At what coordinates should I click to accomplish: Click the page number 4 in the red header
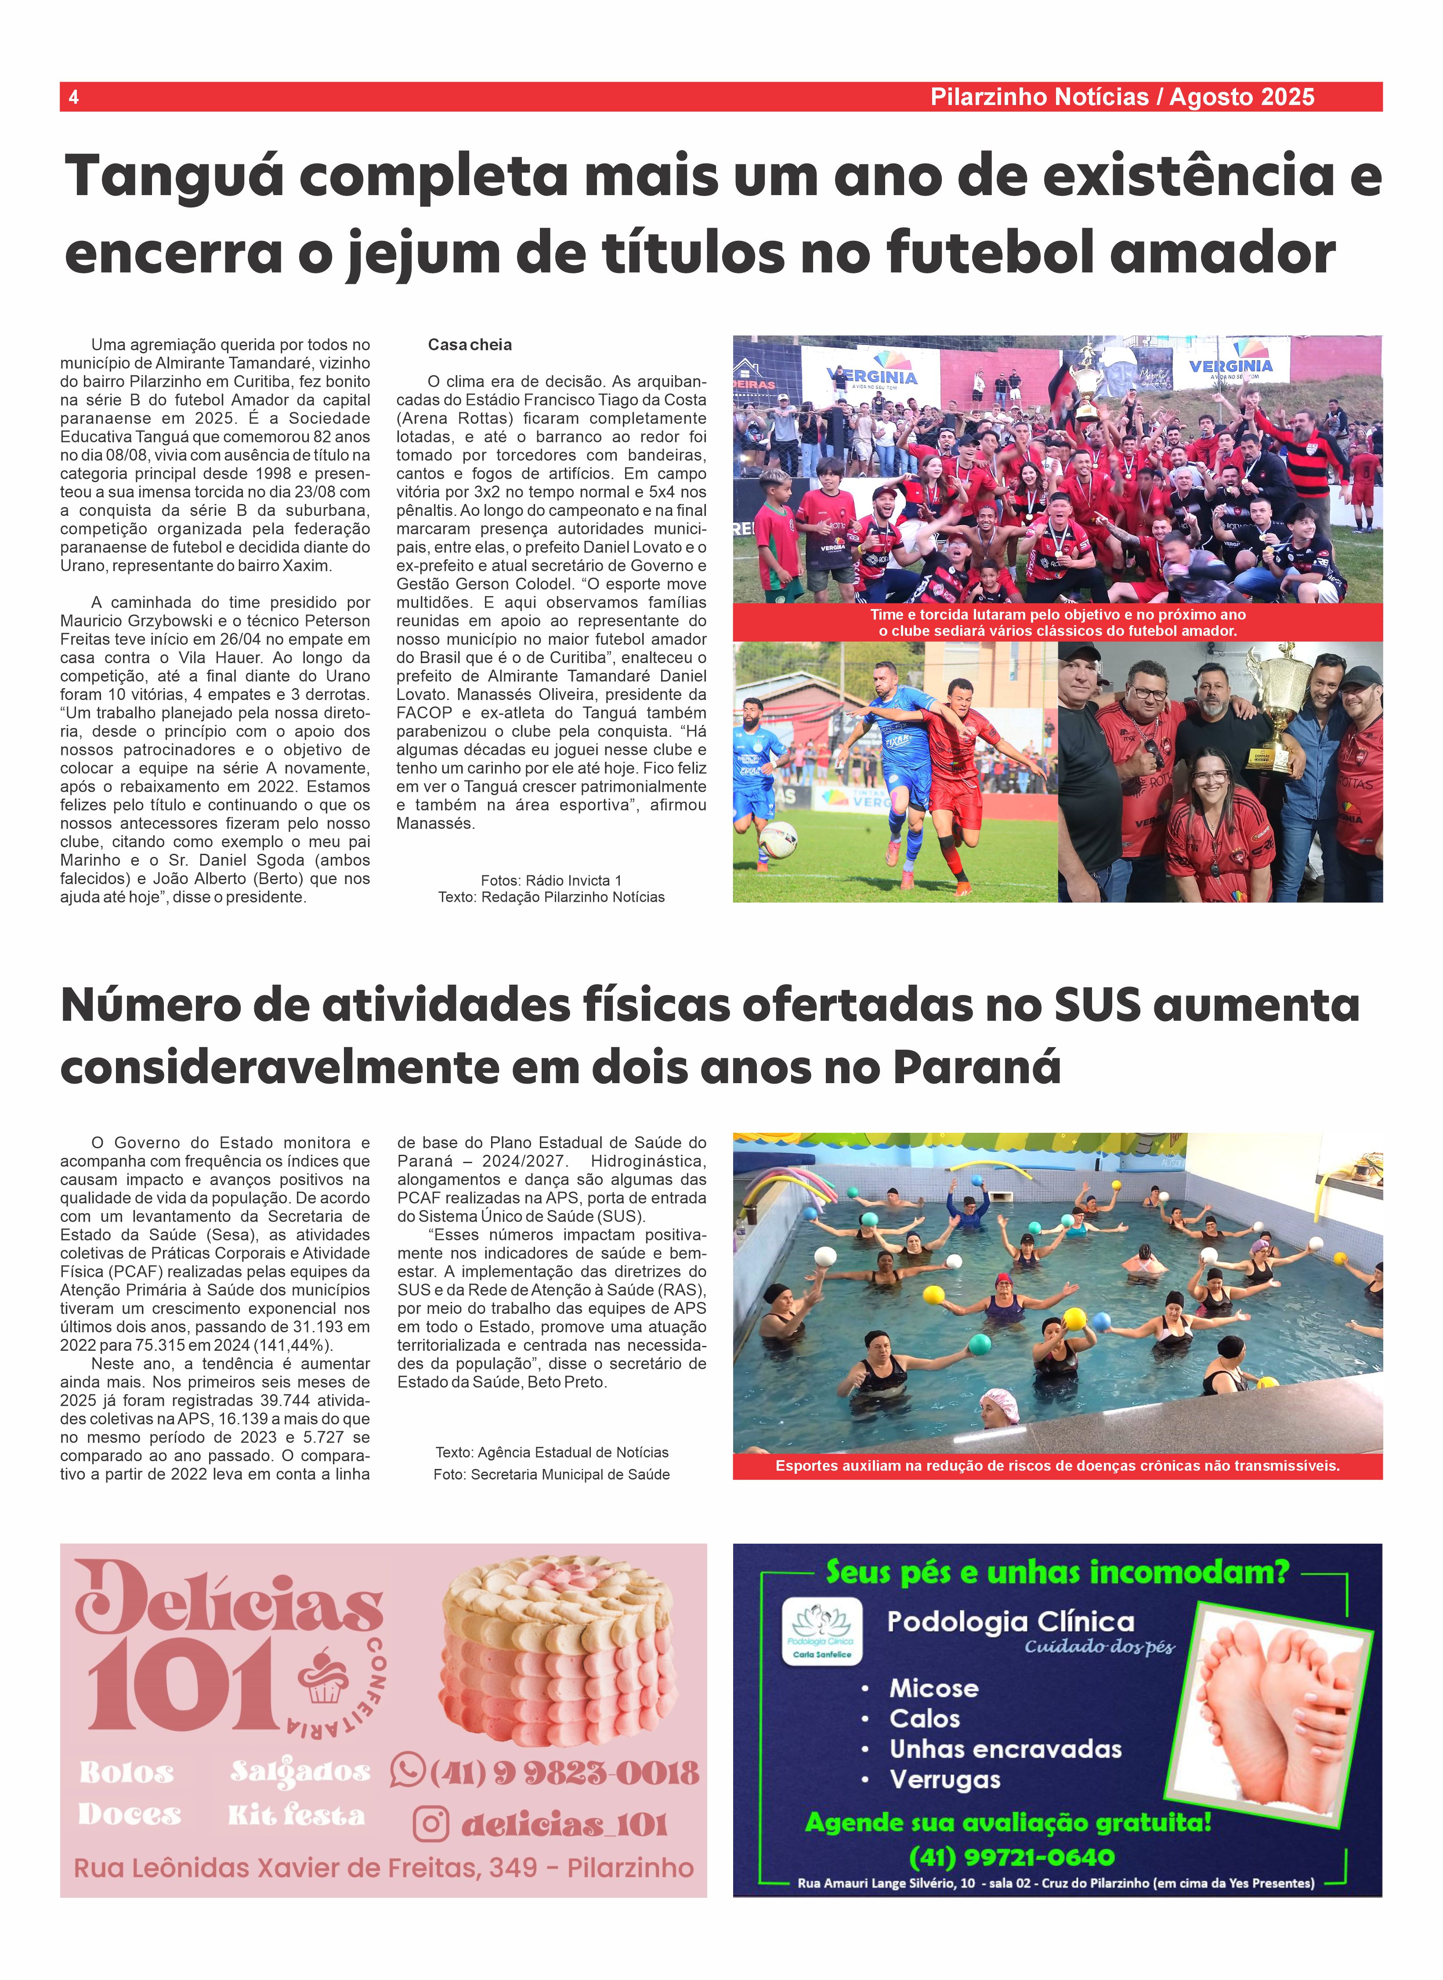(73, 97)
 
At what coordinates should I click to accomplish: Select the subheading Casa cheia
(469, 345)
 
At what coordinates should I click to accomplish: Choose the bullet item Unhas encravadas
(1005, 1749)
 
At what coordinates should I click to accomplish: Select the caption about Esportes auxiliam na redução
(1057, 1465)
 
